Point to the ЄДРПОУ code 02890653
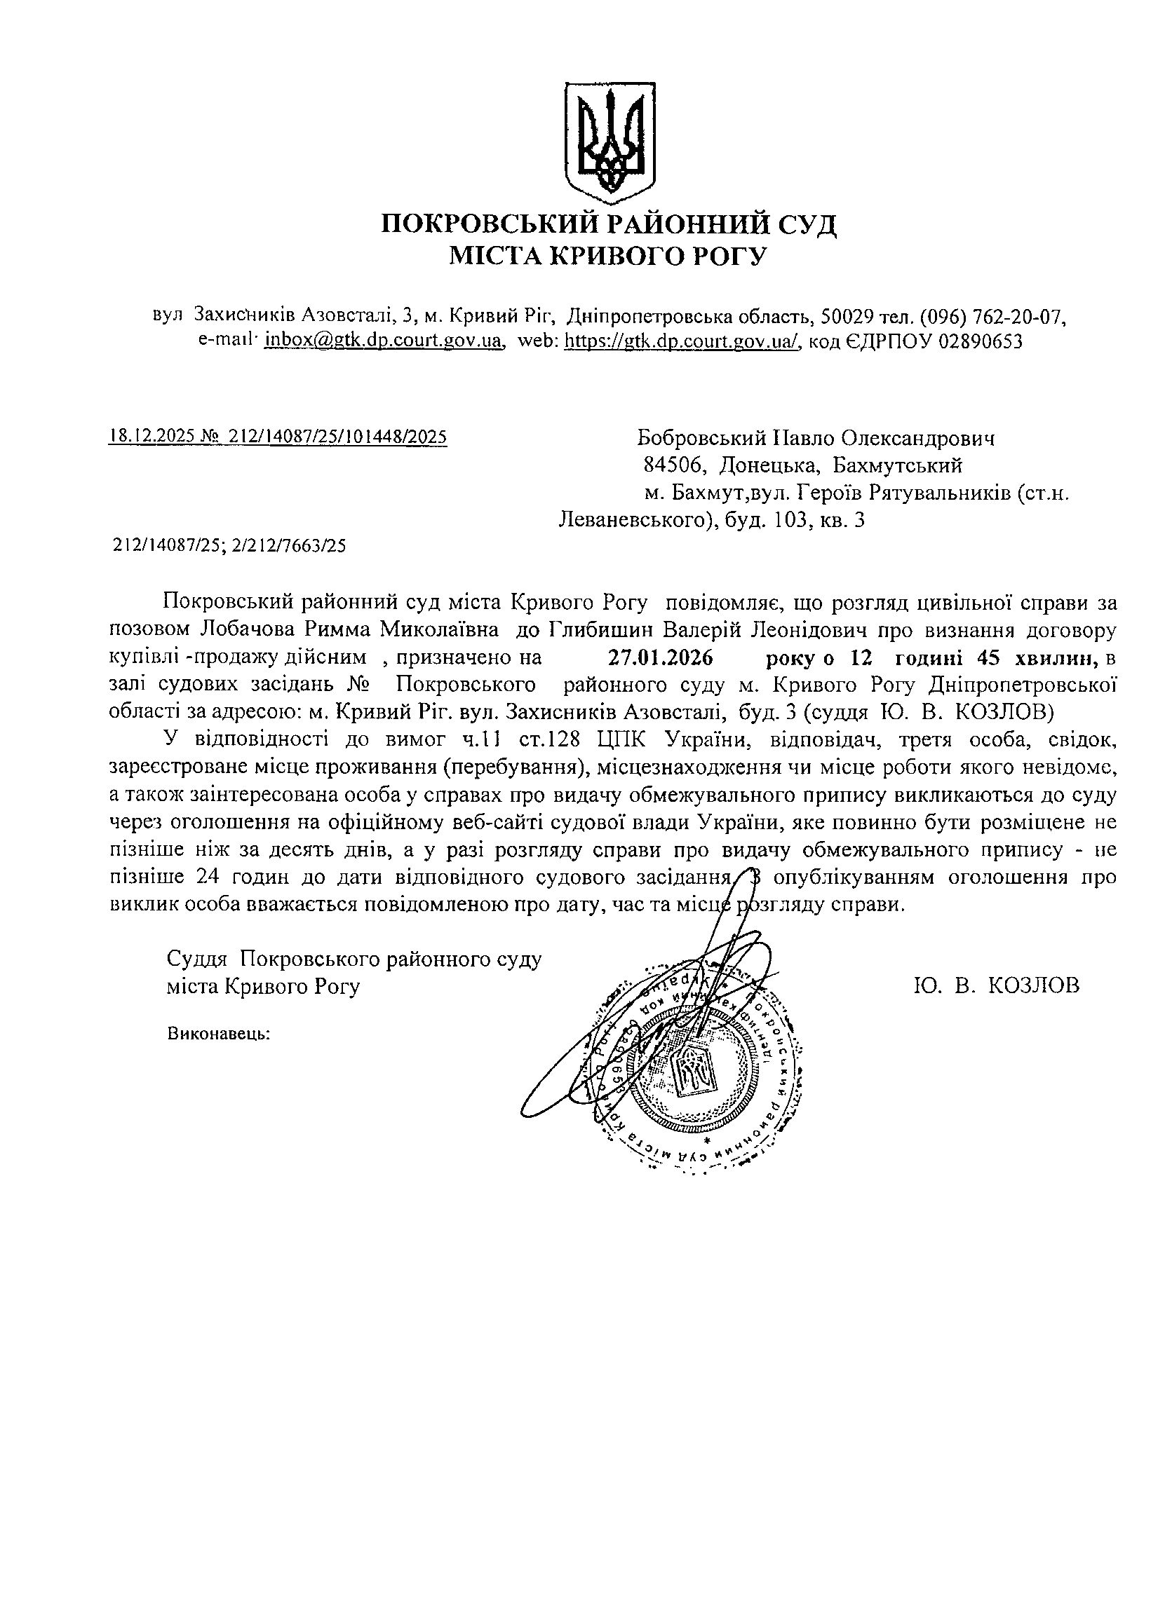[980, 341]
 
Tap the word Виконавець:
[220, 1032]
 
